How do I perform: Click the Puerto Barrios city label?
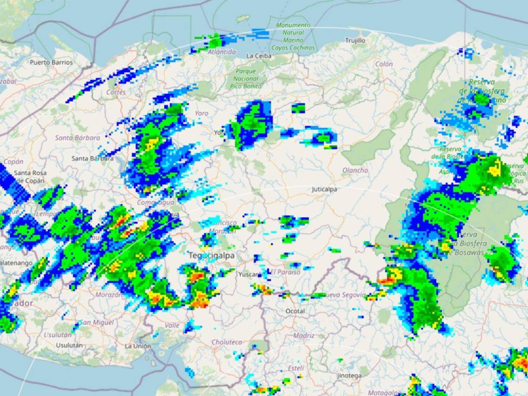[51, 62]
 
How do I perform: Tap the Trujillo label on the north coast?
[355, 41]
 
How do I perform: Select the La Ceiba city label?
[259, 56]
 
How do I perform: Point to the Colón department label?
[384, 64]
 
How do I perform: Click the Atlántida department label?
[222, 52]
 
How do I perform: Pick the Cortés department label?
[116, 92]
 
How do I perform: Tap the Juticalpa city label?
[324, 189]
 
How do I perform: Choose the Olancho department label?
[355, 170]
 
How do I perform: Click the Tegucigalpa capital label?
[212, 255]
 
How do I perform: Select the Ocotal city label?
[295, 311]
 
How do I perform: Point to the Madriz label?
[304, 336]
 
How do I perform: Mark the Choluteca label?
[227, 342]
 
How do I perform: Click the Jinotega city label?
[349, 376]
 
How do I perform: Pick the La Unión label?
[138, 346]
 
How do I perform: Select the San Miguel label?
[97, 322]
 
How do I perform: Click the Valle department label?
[172, 325]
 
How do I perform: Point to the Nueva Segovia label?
[344, 295]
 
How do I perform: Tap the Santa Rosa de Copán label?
[30, 177]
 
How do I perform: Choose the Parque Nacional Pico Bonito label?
[246, 78]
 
